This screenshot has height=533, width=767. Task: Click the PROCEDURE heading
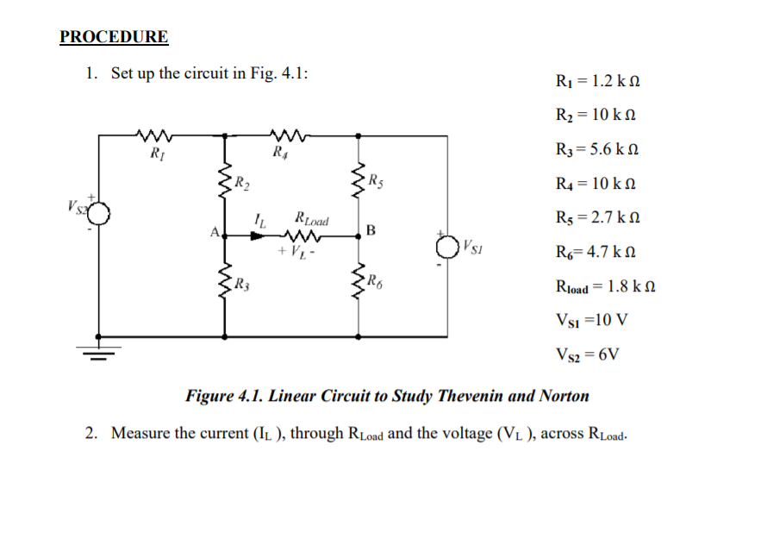tap(114, 37)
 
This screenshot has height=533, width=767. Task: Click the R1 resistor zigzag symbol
tap(155, 135)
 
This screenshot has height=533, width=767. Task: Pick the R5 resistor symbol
tap(359, 179)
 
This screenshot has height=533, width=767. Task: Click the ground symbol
tap(98, 350)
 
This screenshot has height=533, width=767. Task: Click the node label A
tap(214, 231)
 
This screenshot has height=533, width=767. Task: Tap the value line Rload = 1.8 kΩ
tap(599, 286)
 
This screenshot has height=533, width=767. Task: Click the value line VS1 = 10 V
tap(592, 320)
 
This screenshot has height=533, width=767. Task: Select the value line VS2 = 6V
tap(589, 354)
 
